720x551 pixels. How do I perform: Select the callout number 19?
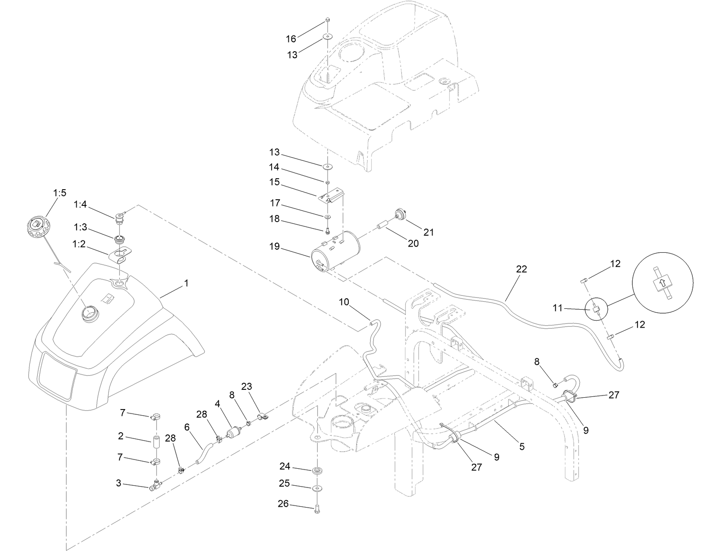pos(274,247)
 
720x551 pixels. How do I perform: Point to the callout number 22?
pos(521,269)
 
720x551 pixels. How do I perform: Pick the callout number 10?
pos(344,302)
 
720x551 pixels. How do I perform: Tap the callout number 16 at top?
pos(291,39)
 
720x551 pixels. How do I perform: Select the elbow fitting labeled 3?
pos(155,485)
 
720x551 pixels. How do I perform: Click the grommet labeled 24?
pos(316,471)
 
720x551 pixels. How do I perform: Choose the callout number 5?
pos(521,447)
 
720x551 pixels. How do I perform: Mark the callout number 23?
pos(247,386)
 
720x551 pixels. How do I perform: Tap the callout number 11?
pos(557,308)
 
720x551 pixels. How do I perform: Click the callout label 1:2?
pos(79,244)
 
